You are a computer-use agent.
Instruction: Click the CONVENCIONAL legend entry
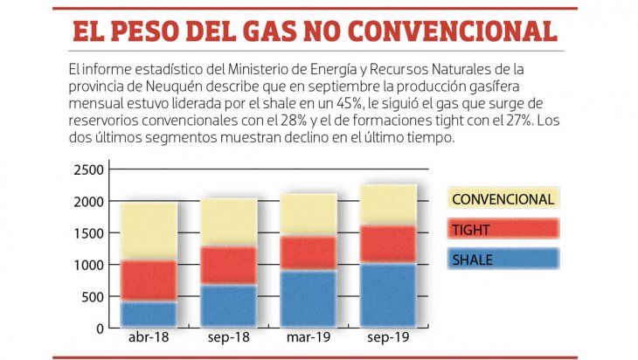pyautogui.click(x=503, y=199)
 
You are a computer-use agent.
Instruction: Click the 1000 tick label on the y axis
pyautogui.click(x=87, y=265)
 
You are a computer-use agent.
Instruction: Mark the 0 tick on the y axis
pyautogui.click(x=100, y=328)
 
